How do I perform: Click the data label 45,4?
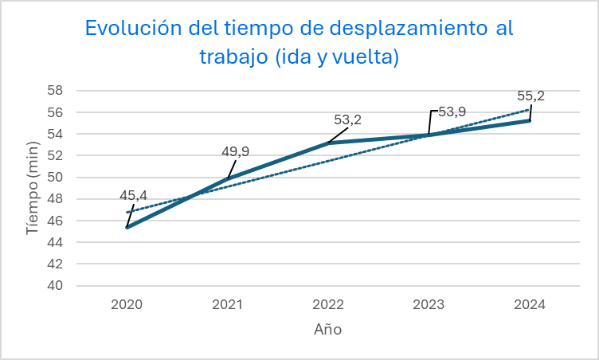pos(133,195)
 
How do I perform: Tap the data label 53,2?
pos(347,120)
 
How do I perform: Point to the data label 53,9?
pos(452,112)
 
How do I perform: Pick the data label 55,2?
pos(530,96)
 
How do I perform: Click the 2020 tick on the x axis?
pos(127,304)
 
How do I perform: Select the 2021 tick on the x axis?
pos(228,304)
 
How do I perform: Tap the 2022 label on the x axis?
pos(328,304)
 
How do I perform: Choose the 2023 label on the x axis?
pos(429,304)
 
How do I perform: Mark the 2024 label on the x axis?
pos(530,304)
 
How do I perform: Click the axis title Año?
pos(327,329)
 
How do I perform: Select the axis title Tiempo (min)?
pos(33,188)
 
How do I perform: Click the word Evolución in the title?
pos(129,29)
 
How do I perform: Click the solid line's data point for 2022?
pos(328,143)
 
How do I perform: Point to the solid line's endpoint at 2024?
pos(530,120)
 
